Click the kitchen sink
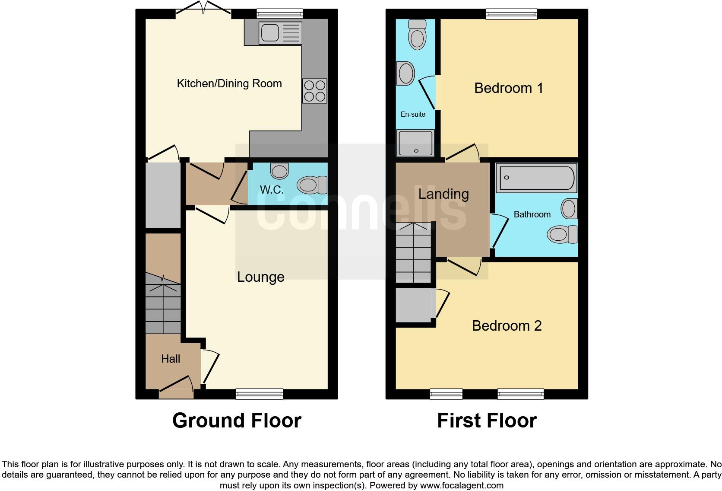tap(280, 33)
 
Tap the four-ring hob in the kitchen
tap(315, 91)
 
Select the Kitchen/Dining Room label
tap(229, 83)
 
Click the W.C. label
tap(272, 189)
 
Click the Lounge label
tap(260, 277)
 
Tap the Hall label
tap(171, 358)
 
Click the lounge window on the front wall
tap(260, 393)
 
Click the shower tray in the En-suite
tap(415, 143)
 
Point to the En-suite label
tap(413, 114)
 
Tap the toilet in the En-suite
tap(417, 35)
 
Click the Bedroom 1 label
tap(508, 88)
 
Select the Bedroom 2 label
tap(507, 325)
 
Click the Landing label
tap(443, 194)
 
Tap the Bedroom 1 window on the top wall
tap(511, 14)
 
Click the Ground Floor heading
tap(237, 420)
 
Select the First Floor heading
tap(487, 420)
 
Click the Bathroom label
tap(532, 214)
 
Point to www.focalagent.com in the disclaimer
tap(462, 485)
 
